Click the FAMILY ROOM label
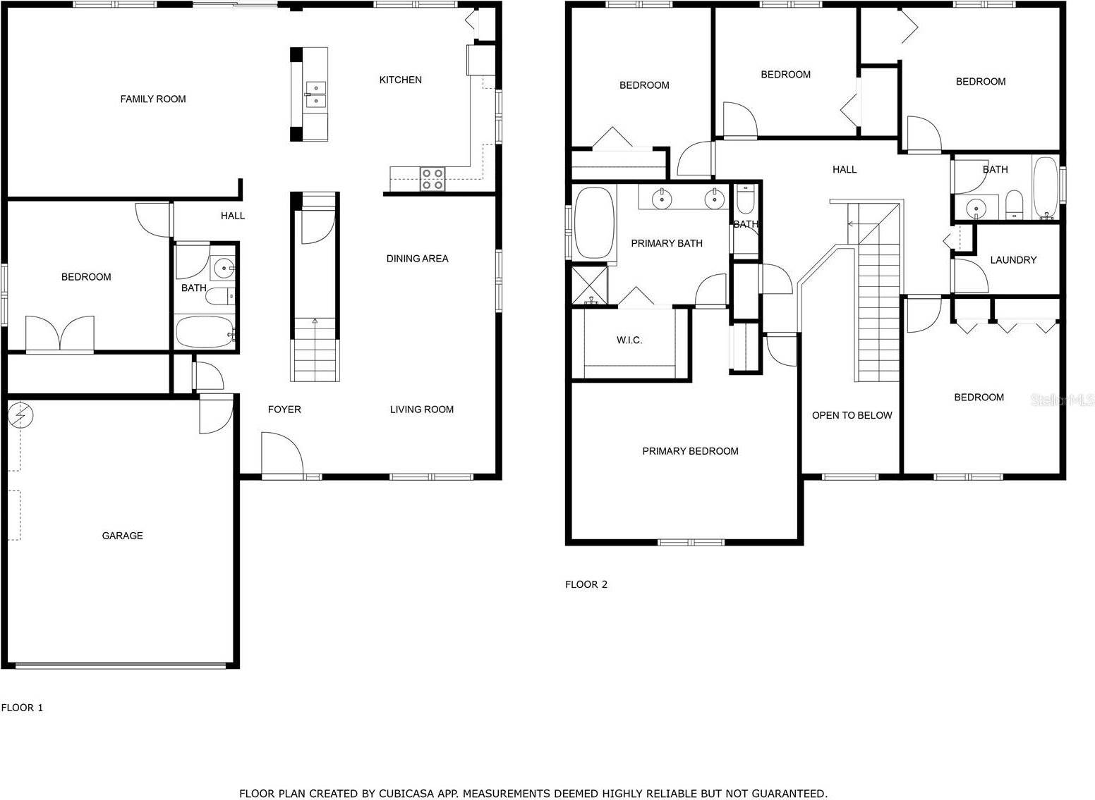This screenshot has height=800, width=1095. (153, 99)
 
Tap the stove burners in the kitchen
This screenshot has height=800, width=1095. (432, 179)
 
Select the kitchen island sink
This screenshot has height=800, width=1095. (315, 95)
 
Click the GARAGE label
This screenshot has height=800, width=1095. (122, 536)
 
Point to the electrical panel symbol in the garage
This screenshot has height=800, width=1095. (20, 417)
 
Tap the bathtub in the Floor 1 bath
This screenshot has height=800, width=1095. (204, 331)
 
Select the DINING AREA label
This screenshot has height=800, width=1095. (417, 259)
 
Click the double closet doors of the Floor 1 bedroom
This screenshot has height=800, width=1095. (60, 334)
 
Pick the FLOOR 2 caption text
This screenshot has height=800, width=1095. (586, 584)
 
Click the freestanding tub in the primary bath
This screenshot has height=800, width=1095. (595, 223)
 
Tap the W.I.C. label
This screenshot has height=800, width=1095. (629, 340)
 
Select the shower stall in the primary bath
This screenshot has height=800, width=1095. (589, 284)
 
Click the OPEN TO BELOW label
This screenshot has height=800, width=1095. (852, 415)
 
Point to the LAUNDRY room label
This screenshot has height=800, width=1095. (1012, 260)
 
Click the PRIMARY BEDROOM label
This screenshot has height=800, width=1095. (690, 451)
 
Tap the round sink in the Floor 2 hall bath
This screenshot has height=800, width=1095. (976, 208)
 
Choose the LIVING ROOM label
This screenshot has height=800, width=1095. (421, 410)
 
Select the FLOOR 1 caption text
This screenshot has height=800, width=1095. (22, 708)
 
